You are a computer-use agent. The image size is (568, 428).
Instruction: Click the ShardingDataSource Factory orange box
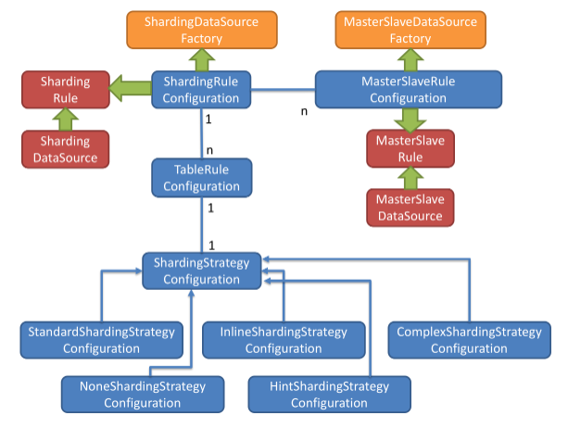201,29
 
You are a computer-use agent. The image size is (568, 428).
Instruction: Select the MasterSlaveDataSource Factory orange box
410,29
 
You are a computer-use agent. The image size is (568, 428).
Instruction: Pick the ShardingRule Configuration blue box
201,90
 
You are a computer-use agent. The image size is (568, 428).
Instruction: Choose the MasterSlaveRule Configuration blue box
409,90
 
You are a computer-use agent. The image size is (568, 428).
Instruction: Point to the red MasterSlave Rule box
410,148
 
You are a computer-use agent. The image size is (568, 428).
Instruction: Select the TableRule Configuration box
201,178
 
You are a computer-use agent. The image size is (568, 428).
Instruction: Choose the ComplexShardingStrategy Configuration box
468,340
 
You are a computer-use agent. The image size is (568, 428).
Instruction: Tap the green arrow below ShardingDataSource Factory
201,59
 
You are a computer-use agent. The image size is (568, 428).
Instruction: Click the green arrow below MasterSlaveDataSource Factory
410,59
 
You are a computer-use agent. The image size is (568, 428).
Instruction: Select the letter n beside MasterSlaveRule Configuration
304,112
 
